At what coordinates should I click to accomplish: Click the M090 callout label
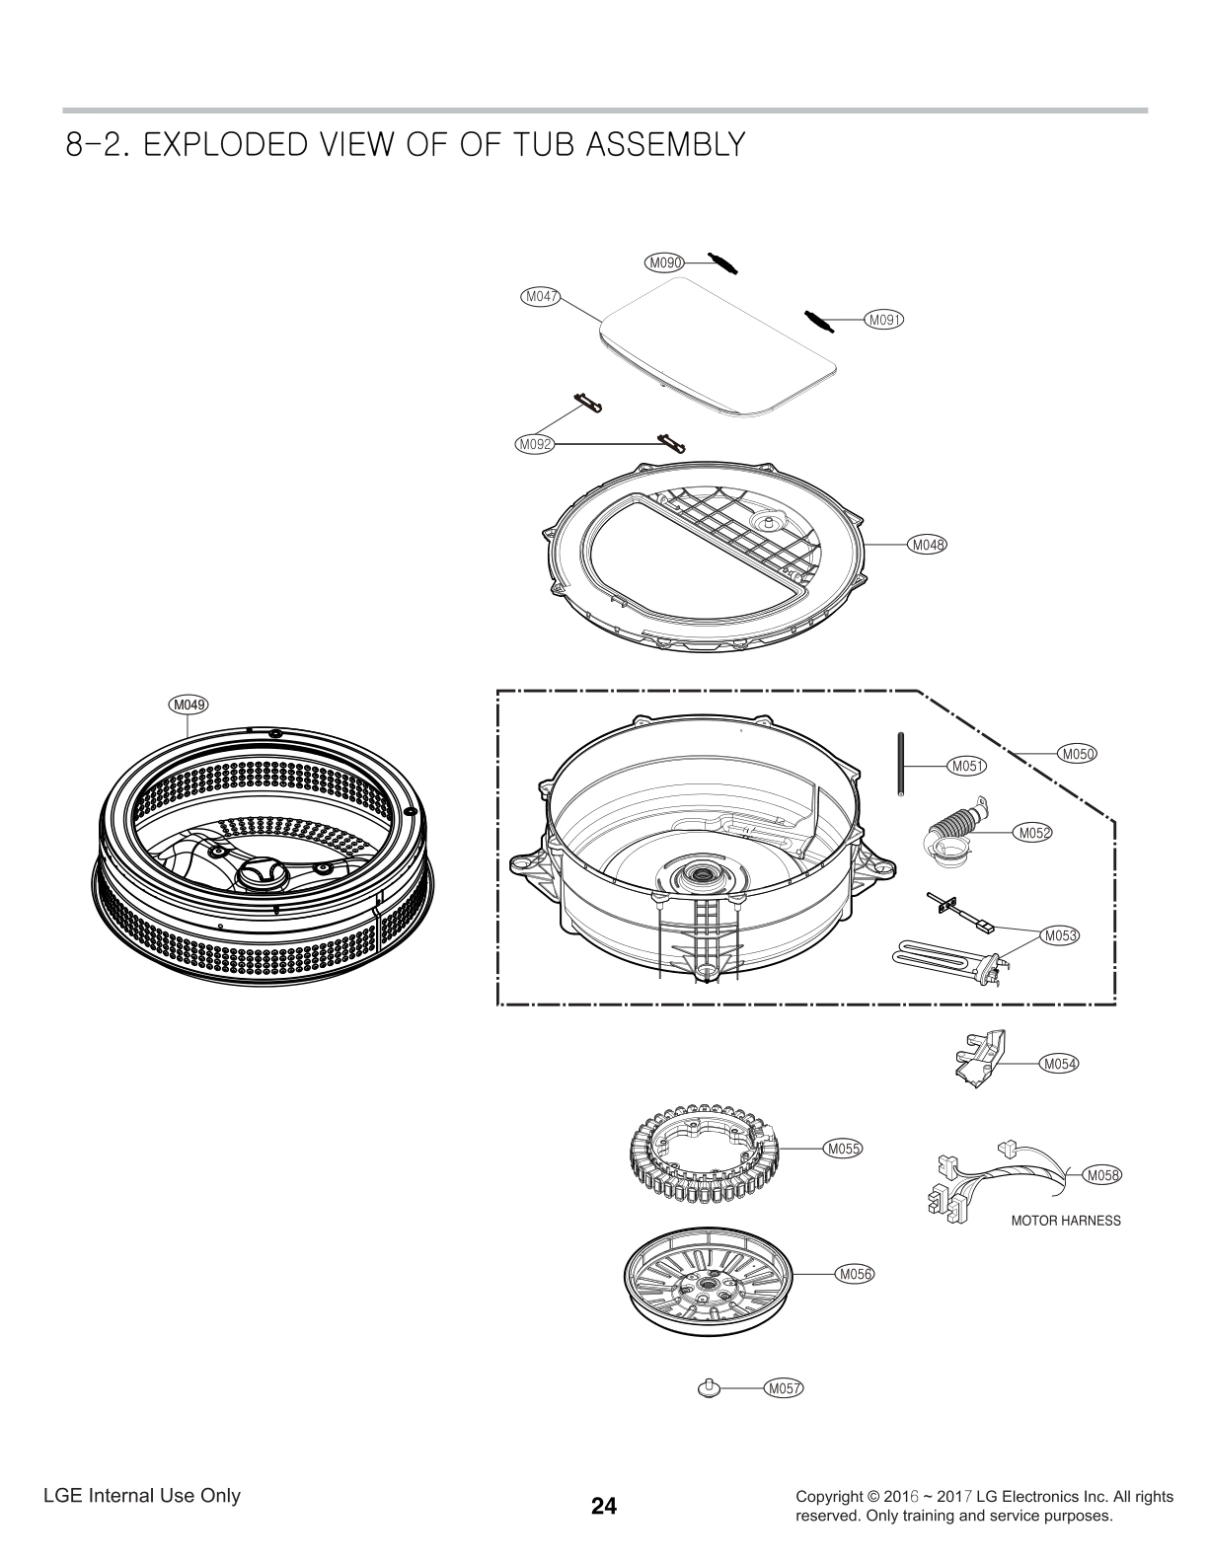pyautogui.click(x=665, y=262)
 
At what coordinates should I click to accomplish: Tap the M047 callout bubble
pyautogui.click(x=540, y=295)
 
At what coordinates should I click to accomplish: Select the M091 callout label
pyautogui.click(x=885, y=319)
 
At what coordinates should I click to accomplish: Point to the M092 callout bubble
pyautogui.click(x=535, y=444)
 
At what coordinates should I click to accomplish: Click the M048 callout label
pyautogui.click(x=928, y=544)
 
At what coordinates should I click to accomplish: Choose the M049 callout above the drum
pyautogui.click(x=188, y=705)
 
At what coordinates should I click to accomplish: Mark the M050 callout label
pyautogui.click(x=1078, y=754)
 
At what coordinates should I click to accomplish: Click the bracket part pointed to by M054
pyautogui.click(x=977, y=1057)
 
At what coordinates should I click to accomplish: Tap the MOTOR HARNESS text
pyautogui.click(x=1066, y=1221)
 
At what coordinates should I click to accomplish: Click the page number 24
pyautogui.click(x=604, y=1506)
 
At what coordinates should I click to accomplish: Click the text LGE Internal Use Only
pyautogui.click(x=142, y=1495)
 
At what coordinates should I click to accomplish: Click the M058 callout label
pyautogui.click(x=1102, y=1174)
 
